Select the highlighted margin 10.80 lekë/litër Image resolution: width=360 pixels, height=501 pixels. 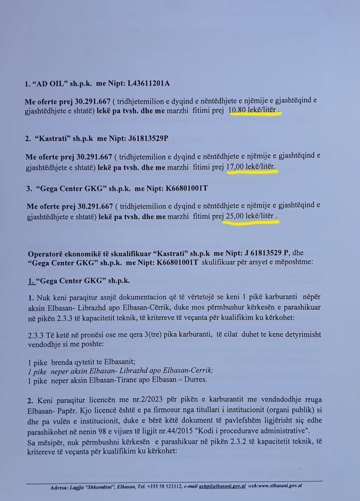(255, 111)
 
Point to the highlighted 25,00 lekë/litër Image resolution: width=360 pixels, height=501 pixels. (250, 216)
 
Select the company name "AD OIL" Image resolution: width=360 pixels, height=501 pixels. (49, 84)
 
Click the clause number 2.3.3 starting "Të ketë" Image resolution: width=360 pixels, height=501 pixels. (37, 337)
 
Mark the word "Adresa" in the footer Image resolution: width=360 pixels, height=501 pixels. (61, 487)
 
